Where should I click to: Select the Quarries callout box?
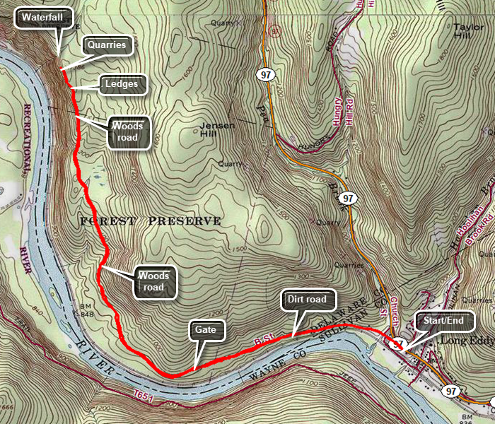click(107, 45)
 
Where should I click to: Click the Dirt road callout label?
click(307, 300)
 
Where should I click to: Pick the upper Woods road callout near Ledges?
click(129, 132)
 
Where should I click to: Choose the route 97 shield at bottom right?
click(451, 391)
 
